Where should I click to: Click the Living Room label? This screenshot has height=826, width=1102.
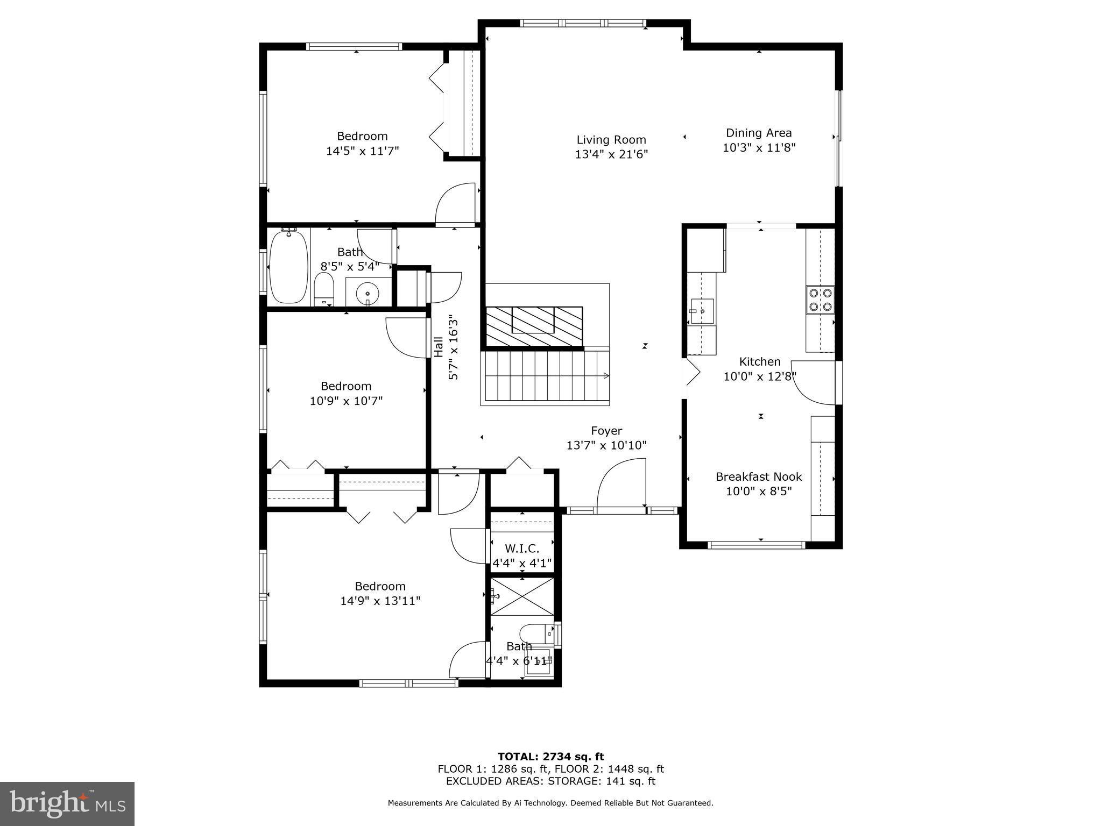(x=611, y=140)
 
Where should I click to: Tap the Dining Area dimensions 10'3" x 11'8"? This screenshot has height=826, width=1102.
(x=759, y=147)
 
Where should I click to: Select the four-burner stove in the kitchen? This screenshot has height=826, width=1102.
(x=820, y=300)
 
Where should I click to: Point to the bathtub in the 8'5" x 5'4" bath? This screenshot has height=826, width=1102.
(x=288, y=267)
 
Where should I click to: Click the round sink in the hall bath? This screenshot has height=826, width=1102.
(x=368, y=294)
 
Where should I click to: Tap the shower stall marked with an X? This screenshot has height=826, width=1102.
(x=522, y=596)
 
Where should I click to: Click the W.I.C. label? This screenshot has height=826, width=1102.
(x=521, y=549)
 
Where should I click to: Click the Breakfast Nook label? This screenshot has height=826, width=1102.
(x=758, y=476)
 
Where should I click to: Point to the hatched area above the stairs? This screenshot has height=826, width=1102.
(x=534, y=326)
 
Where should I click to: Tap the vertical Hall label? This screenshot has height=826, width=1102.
(x=439, y=347)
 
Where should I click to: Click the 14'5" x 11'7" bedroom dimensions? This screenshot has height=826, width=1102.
(x=362, y=151)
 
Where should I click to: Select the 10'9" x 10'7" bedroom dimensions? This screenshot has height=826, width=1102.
(x=346, y=401)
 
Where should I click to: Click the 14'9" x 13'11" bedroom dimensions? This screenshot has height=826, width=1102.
(x=380, y=601)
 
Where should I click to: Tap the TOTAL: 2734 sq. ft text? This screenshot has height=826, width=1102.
(x=550, y=757)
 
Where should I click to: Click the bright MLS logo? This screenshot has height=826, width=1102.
(x=67, y=803)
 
